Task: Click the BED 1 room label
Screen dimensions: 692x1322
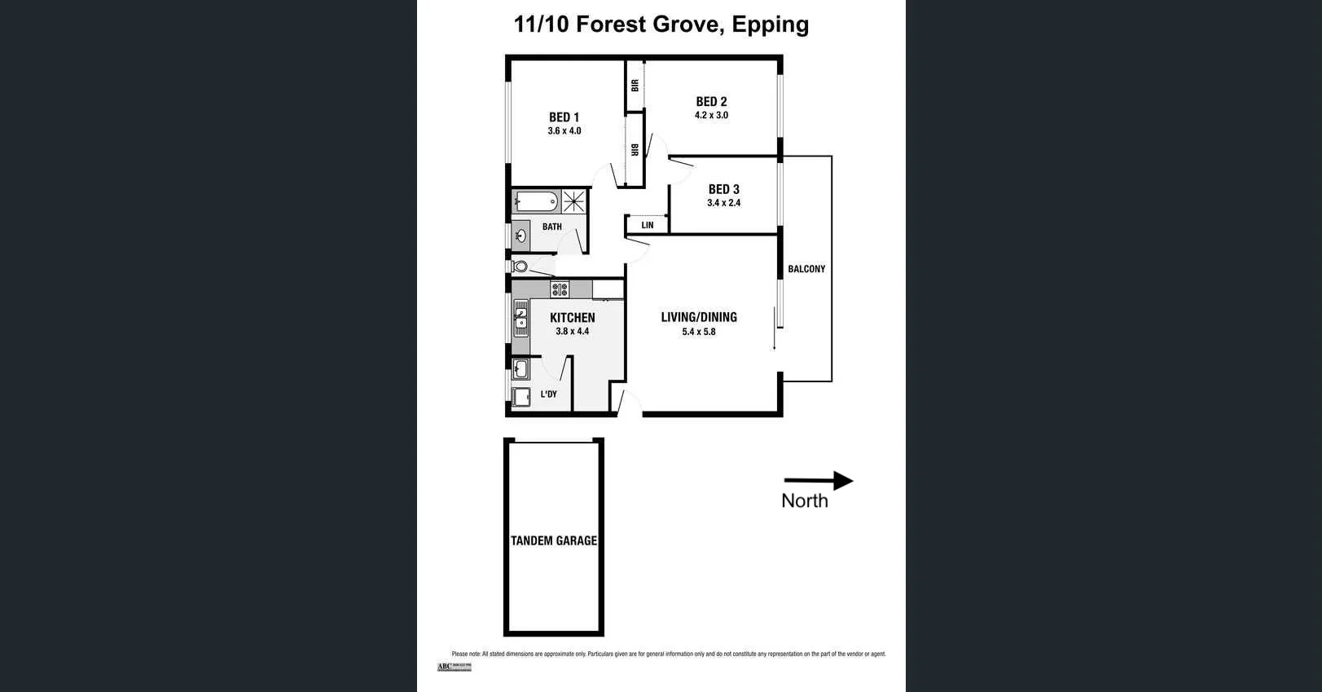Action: (x=564, y=117)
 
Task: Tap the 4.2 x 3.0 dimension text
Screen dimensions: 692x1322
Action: (x=711, y=116)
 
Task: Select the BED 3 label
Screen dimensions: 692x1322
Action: (x=723, y=189)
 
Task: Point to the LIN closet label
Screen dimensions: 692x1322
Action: (x=647, y=225)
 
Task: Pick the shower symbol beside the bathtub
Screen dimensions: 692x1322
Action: (x=574, y=201)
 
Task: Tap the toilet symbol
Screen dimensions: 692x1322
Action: (x=520, y=266)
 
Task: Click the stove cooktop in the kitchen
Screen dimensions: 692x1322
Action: (x=560, y=289)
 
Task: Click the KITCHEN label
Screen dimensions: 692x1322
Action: (x=572, y=318)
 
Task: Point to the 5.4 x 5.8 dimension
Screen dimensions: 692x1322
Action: (x=699, y=332)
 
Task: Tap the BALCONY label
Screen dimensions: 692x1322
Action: (x=806, y=269)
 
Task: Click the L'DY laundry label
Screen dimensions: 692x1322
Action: (x=549, y=394)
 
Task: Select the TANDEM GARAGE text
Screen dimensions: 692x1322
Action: (x=554, y=540)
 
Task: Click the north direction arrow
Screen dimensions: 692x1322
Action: (x=818, y=481)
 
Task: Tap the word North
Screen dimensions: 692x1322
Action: (x=804, y=501)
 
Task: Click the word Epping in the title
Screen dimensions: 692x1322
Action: (x=770, y=24)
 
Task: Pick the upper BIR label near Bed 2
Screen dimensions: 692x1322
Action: (x=635, y=85)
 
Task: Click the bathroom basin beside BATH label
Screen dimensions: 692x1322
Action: (x=521, y=236)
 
